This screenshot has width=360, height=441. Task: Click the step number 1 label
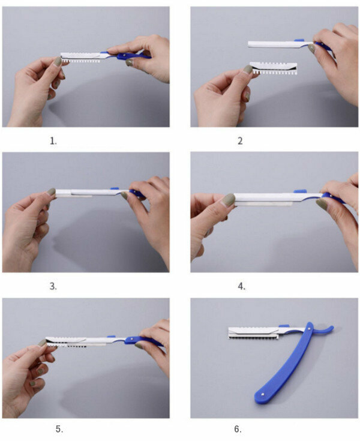pyautogui.click(x=53, y=141)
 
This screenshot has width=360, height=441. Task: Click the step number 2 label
pyautogui.click(x=240, y=140)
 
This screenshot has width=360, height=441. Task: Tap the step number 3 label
pyautogui.click(x=53, y=286)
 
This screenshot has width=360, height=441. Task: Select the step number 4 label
pyautogui.click(x=241, y=286)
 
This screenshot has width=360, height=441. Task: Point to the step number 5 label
pyautogui.click(x=59, y=429)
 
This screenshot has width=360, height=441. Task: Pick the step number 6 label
pyautogui.click(x=238, y=429)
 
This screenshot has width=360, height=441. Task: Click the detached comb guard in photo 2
pyautogui.click(x=274, y=68)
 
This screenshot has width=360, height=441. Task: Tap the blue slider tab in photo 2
pyautogui.click(x=299, y=40)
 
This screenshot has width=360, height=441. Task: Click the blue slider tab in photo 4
pyautogui.click(x=300, y=191)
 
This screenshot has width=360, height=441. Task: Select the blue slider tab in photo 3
pyautogui.click(x=115, y=188)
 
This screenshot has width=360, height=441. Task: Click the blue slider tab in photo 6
pyautogui.click(x=284, y=326)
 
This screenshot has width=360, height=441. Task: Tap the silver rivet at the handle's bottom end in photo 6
pyautogui.click(x=262, y=394)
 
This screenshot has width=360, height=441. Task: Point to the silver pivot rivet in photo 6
pyautogui.click(x=309, y=329)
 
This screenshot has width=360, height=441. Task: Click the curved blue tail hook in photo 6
pyautogui.click(x=325, y=330)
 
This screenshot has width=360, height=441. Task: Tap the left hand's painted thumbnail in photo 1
pyautogui.click(x=58, y=61)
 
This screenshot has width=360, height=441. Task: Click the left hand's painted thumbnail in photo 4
pyautogui.click(x=229, y=200)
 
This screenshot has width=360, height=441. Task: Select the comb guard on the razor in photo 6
pyautogui.click(x=253, y=333)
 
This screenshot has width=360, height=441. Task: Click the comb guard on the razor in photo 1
pyautogui.click(x=80, y=58)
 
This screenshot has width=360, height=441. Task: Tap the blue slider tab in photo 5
pyautogui.click(x=112, y=337)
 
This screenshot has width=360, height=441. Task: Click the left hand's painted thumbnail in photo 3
pyautogui.click(x=51, y=191)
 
